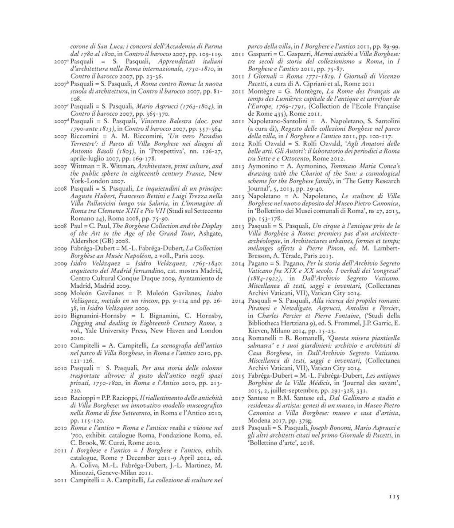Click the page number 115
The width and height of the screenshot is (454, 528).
(392, 497)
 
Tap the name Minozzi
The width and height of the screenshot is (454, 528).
(84, 472)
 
